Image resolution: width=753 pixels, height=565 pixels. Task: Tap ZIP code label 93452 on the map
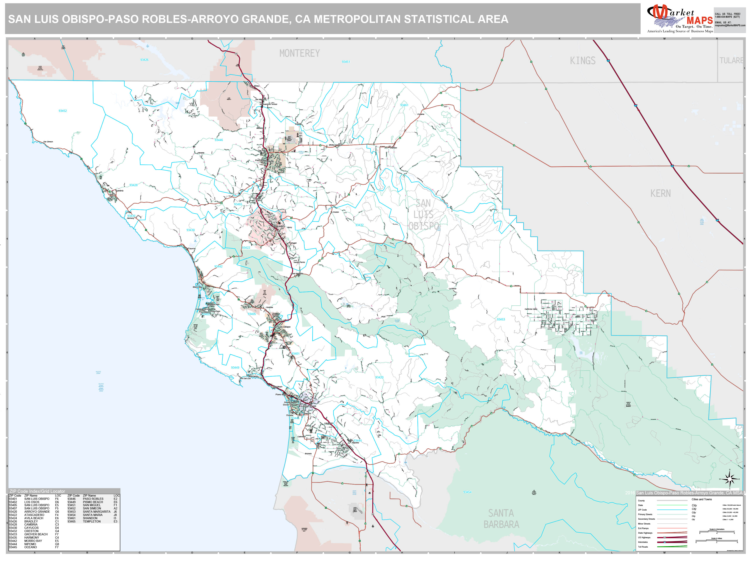(x=63, y=111)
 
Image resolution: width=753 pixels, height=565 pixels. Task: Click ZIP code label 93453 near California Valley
(x=500, y=320)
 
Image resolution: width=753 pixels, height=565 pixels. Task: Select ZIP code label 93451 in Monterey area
(x=346, y=62)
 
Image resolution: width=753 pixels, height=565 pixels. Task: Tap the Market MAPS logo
(x=680, y=19)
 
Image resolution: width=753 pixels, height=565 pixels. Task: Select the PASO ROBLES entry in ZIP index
(x=93, y=499)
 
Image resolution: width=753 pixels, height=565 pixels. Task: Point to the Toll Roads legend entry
(x=643, y=547)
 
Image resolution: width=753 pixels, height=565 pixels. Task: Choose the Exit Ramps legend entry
(x=643, y=528)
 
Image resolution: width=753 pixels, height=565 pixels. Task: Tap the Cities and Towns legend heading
(x=701, y=499)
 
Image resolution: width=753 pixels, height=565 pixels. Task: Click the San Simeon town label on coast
(x=48, y=142)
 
